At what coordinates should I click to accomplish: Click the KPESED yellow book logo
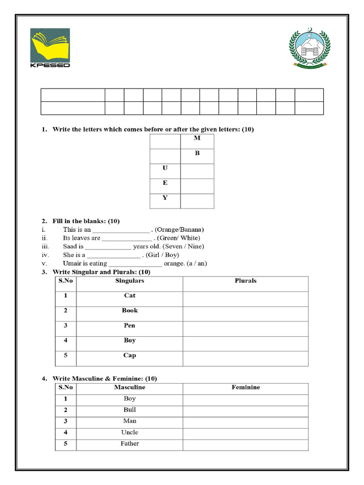(50, 47)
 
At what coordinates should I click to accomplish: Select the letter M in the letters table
(197, 138)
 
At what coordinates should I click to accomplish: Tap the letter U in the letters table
(165, 168)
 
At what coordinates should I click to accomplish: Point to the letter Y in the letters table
(165, 198)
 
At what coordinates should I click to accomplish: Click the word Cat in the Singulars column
(129, 295)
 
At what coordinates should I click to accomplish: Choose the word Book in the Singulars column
(129, 310)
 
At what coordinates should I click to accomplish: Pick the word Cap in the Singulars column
(129, 355)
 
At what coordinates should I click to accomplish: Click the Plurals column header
(246, 281)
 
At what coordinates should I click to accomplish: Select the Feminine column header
(246, 387)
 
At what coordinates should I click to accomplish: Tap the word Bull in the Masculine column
(129, 410)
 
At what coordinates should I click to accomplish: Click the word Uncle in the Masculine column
(129, 432)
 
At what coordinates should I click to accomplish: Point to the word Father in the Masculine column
(129, 444)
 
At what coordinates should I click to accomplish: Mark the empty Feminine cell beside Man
(246, 421)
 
